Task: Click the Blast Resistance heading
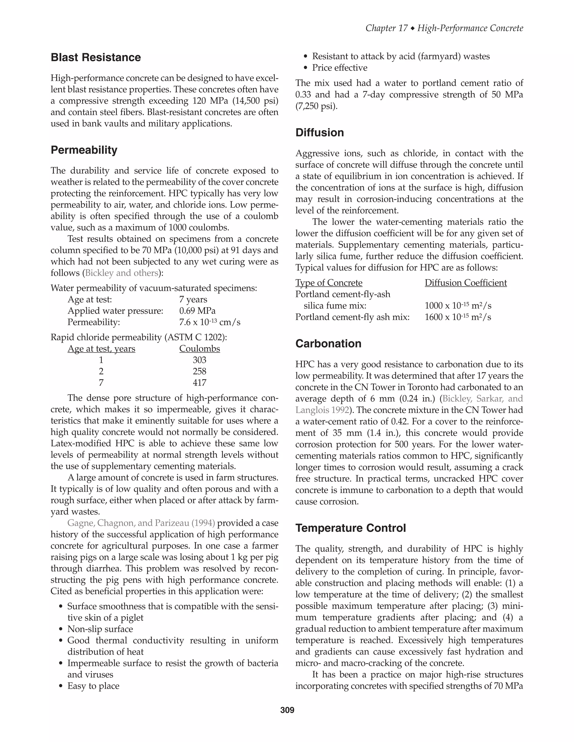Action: click(x=96, y=57)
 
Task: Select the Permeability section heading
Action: click(x=84, y=150)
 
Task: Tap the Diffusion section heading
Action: click(x=320, y=132)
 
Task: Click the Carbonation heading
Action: click(x=328, y=344)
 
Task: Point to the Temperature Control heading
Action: click(x=351, y=528)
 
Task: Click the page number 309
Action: click(x=287, y=710)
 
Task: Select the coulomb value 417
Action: click(x=199, y=383)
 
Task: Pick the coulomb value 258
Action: click(x=199, y=371)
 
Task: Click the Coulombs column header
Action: click(x=199, y=349)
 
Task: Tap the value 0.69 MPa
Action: click(x=197, y=311)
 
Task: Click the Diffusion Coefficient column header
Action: click(x=466, y=283)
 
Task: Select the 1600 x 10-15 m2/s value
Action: click(x=458, y=317)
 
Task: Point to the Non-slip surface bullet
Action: click(x=100, y=629)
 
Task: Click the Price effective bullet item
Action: click(x=340, y=67)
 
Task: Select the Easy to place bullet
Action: click(x=93, y=686)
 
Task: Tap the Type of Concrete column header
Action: click(x=328, y=283)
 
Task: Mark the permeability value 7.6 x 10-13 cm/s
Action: click(x=209, y=322)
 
